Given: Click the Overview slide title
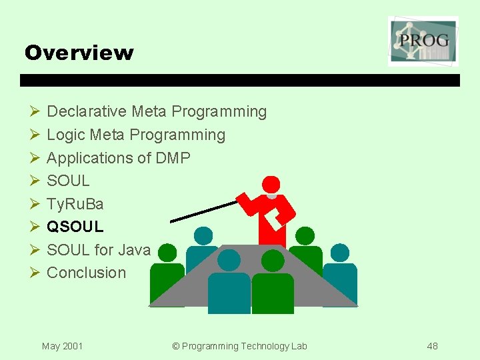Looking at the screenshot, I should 79,53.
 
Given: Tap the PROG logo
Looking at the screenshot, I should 423,41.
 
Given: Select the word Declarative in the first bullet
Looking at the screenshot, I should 87,111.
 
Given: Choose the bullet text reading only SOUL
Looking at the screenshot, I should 68,181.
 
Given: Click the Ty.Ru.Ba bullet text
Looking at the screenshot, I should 75,203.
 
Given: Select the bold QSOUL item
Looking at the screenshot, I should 75,227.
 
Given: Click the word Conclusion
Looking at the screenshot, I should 86,273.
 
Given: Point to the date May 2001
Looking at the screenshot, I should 62,346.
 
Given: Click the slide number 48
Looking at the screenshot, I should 433,346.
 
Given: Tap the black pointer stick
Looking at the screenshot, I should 203,211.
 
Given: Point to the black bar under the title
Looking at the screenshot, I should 240,80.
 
